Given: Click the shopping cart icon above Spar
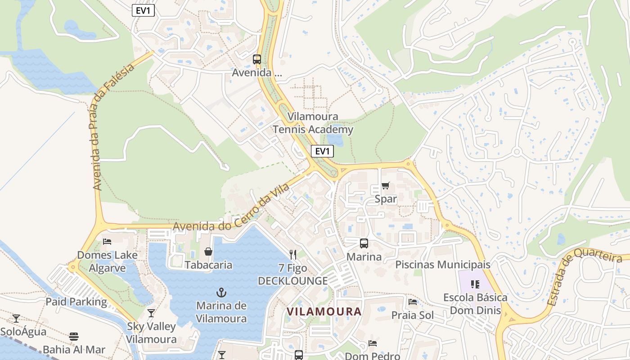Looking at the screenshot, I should point(385,185).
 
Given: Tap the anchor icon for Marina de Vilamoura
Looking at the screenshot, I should point(221,292).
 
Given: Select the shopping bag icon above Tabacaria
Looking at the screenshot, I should point(208,251).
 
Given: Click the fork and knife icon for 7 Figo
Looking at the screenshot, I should point(293,255).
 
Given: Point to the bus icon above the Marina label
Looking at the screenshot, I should point(364,243).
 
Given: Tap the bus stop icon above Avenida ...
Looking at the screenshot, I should point(256,59).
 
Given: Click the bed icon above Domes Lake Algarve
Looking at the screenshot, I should point(107,242).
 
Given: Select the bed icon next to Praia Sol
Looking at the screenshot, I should point(412,302).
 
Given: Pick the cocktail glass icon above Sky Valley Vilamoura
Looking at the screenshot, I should point(151,313).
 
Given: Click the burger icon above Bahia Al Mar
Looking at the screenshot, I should point(74,337).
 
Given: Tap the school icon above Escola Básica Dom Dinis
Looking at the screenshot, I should point(475,284).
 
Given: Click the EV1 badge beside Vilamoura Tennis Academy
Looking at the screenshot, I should point(322,151).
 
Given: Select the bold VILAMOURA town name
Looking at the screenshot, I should point(324,311).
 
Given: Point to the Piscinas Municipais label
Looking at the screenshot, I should point(442,265).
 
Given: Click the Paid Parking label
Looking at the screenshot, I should point(76,301).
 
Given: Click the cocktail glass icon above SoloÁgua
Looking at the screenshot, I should point(16,319).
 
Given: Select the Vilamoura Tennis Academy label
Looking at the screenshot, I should point(313,123).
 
